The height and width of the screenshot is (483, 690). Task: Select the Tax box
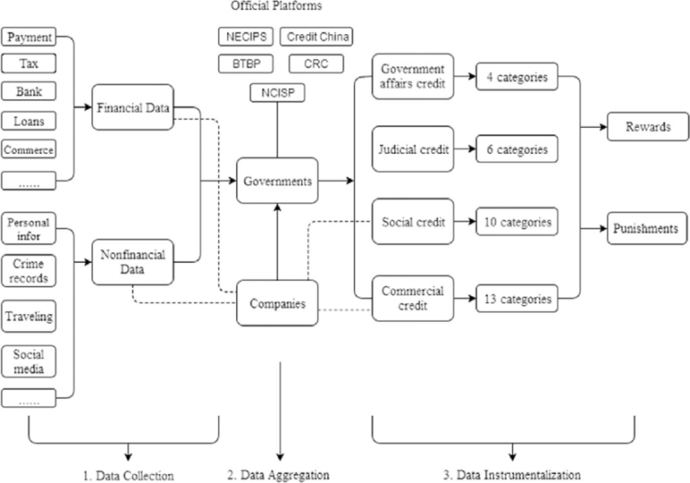point(30,64)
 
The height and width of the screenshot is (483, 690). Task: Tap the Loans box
point(30,121)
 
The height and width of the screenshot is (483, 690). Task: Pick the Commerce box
point(30,149)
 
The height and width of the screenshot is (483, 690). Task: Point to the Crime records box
point(30,271)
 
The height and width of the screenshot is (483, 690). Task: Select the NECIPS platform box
point(245,37)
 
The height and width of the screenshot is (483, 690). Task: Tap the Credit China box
point(316,37)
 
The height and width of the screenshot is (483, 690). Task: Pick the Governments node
point(277,181)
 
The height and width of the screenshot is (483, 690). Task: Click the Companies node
point(277,304)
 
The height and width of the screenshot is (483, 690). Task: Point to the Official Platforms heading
point(276,6)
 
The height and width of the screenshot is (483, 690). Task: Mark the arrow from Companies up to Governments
point(277,243)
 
